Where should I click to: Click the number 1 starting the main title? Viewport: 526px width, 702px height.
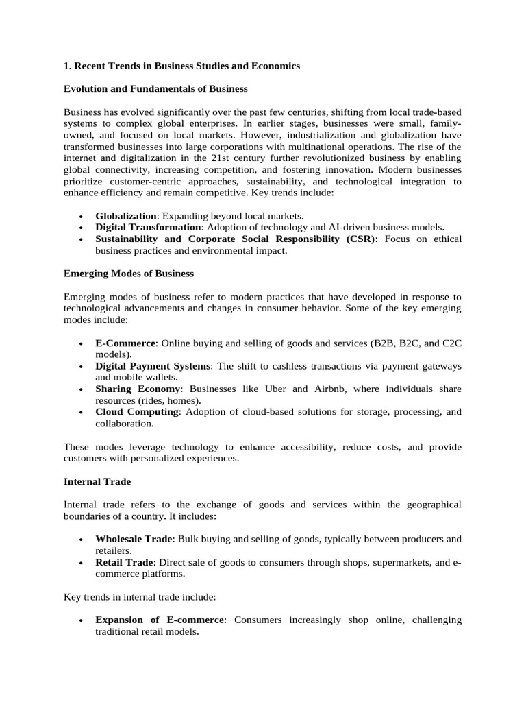[x=66, y=66]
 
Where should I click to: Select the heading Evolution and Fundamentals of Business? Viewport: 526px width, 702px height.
[x=155, y=88]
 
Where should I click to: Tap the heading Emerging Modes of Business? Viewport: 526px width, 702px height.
[x=129, y=273]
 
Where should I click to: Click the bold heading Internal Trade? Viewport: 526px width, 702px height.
[x=97, y=481]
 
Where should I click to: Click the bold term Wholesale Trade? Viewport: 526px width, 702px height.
[x=134, y=539]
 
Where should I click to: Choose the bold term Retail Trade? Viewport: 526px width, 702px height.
[x=124, y=562]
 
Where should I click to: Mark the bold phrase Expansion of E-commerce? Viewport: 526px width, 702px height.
[x=160, y=620]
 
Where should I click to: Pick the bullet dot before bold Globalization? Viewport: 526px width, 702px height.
[x=82, y=216]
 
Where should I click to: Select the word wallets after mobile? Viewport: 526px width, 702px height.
[x=161, y=377]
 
